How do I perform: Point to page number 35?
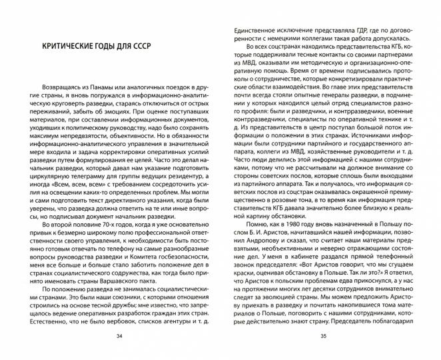322,337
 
